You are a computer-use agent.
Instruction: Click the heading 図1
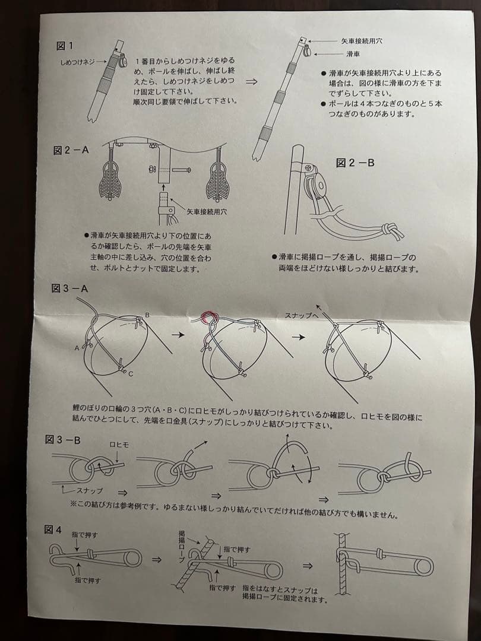tap(65, 46)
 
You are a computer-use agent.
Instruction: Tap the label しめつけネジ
tap(77, 62)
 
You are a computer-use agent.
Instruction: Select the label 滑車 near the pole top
tap(353, 53)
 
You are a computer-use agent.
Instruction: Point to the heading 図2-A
tap(71, 150)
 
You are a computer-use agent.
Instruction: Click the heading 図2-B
tap(355, 163)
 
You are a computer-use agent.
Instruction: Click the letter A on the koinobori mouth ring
tap(77, 348)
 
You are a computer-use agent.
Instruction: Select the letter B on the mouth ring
tap(148, 315)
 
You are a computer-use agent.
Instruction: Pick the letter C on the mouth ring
tap(131, 374)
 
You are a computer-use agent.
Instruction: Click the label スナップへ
tap(301, 315)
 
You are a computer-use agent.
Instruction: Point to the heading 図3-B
tap(62, 440)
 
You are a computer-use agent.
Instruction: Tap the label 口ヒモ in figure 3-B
tap(119, 445)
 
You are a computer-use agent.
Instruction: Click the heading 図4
tap(53, 530)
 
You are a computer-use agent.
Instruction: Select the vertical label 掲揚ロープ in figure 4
tap(182, 547)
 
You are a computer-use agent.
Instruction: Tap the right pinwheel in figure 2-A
tap(218, 180)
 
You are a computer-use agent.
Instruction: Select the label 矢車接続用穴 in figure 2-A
tap(207, 212)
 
